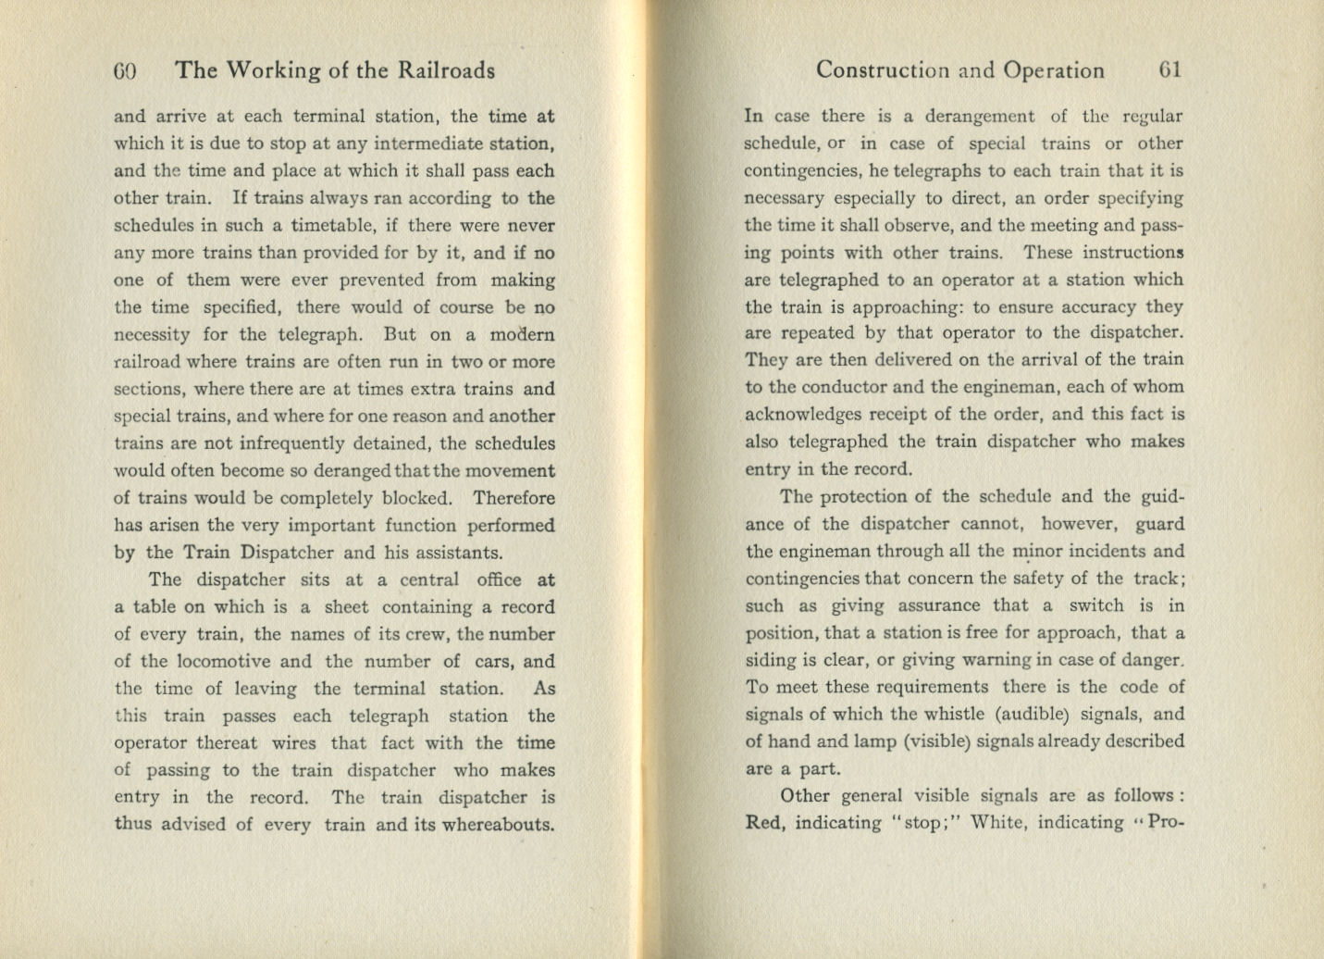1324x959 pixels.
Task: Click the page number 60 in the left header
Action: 125,70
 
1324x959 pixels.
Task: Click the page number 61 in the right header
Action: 1169,70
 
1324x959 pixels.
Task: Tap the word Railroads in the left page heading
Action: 446,70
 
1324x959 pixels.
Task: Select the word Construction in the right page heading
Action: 883,70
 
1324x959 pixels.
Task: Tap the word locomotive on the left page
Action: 223,661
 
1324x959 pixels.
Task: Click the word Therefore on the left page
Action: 514,498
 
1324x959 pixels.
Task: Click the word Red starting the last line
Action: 763,822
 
